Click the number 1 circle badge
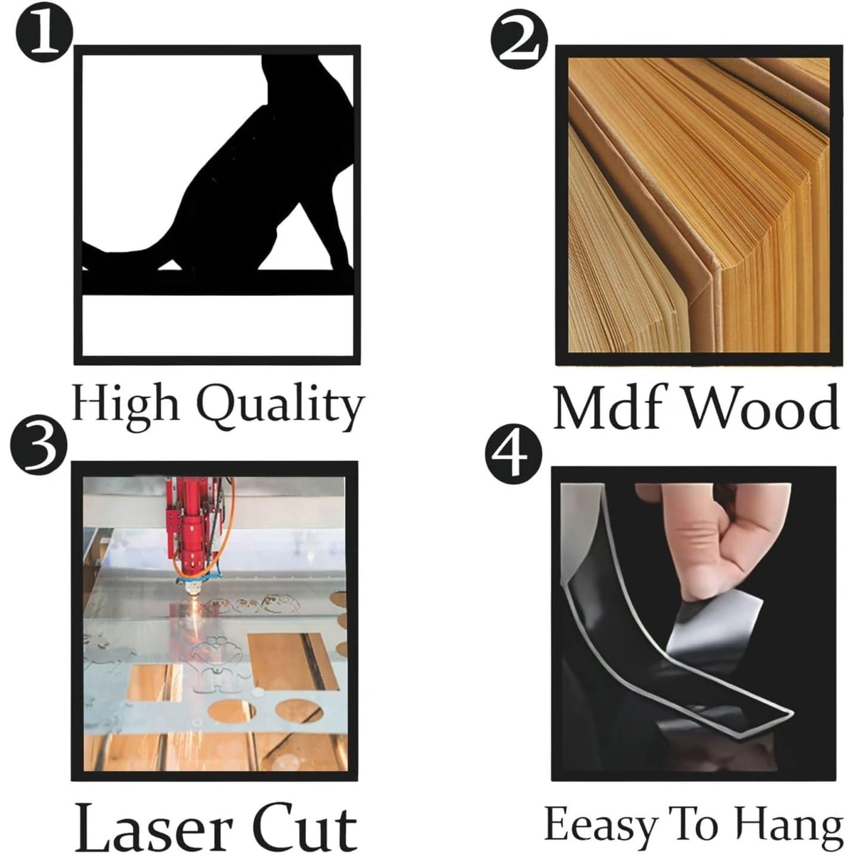[x=44, y=34]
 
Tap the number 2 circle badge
[x=519, y=40]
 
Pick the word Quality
[x=280, y=407]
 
